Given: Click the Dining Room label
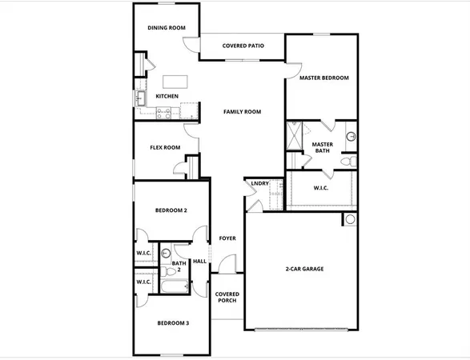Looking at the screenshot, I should [x=167, y=28].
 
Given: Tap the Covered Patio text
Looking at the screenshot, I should [x=243, y=46].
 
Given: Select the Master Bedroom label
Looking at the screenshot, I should [x=323, y=78].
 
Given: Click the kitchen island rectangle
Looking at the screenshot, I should [x=175, y=81].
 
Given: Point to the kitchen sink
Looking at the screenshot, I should [x=139, y=99].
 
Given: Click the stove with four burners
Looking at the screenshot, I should [x=163, y=112].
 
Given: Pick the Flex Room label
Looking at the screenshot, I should [x=165, y=148].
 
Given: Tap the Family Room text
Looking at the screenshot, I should [x=243, y=112].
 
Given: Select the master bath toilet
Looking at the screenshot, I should [x=347, y=162].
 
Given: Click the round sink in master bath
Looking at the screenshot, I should [x=351, y=137].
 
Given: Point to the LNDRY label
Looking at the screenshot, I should [x=259, y=184].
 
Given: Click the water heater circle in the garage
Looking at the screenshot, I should [x=350, y=220].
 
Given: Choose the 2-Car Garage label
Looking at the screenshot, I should [x=304, y=269].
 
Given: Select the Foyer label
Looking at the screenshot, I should [x=227, y=238].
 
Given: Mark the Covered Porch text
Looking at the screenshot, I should [x=227, y=298].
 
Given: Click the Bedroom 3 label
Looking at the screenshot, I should [x=172, y=322].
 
